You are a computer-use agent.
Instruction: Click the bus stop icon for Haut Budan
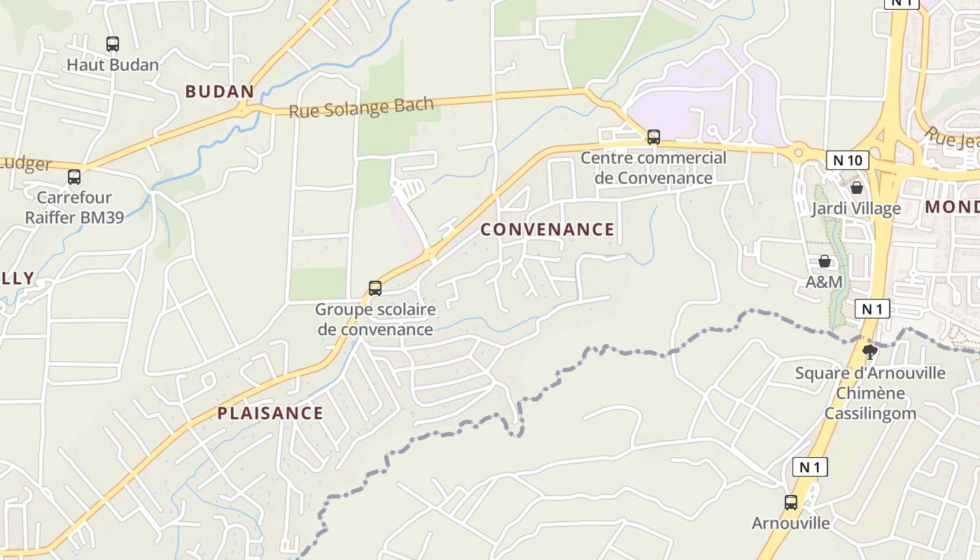[113, 43]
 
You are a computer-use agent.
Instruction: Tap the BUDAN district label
[219, 92]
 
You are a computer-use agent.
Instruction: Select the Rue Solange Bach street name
[361, 108]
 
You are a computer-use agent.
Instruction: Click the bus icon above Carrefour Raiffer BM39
[74, 176]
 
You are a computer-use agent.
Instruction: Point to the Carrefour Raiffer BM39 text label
[74, 207]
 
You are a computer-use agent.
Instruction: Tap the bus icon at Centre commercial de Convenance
[653, 136]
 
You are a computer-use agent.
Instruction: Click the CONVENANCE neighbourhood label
[547, 230]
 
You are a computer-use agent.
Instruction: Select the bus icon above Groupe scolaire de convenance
[375, 288]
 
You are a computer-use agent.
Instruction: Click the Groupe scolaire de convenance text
[375, 319]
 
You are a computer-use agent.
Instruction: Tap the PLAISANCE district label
[270, 413]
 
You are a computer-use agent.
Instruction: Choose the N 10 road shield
[847, 160]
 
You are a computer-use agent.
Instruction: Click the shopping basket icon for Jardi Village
[856, 187]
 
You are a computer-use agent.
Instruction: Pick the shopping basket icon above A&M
[825, 261]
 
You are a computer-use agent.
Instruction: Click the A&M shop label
[825, 282]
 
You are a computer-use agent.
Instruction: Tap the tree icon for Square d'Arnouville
[870, 351]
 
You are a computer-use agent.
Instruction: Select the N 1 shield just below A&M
[871, 309]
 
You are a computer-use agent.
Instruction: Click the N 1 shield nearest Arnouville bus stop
[810, 467]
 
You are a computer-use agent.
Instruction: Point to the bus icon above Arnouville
[790, 502]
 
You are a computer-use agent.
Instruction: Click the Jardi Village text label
[856, 209]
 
